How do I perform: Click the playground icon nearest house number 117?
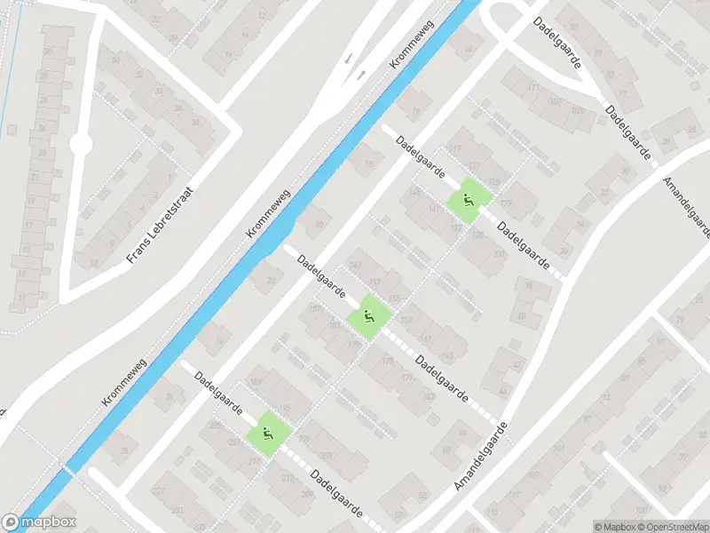click(468, 200)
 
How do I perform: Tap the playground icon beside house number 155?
click(367, 316)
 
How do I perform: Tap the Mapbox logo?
click(39, 522)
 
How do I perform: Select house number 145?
click(414, 193)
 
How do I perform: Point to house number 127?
click(506, 203)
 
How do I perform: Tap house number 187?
click(314, 308)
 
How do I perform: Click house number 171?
click(407, 377)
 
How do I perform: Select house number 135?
click(477, 235)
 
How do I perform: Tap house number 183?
click(335, 326)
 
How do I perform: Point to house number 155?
click(394, 298)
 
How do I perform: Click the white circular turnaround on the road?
click(81, 143)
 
